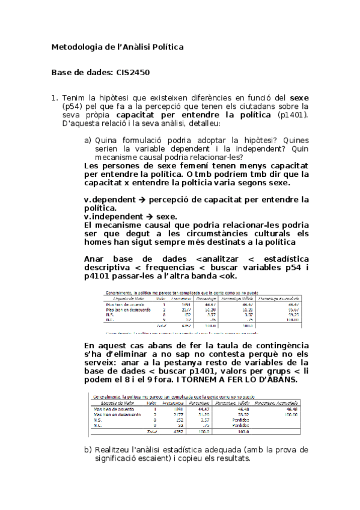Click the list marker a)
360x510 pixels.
pyautogui.click(x=88, y=140)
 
